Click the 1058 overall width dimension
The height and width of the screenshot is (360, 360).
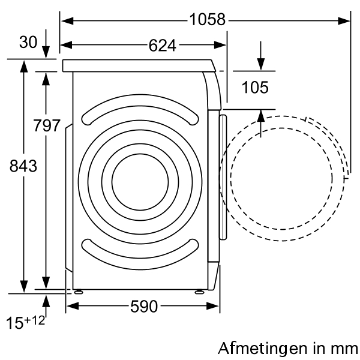coord(208,20)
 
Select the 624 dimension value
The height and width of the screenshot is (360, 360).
coord(163,46)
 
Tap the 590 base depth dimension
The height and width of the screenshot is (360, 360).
coord(144,307)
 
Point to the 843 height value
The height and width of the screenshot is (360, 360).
coord(23,166)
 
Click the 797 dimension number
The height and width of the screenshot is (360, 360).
coord(47,125)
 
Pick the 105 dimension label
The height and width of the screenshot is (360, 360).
coord(255,88)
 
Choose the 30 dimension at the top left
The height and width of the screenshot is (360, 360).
coord(28,42)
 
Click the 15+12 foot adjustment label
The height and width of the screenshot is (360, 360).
coord(25,322)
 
